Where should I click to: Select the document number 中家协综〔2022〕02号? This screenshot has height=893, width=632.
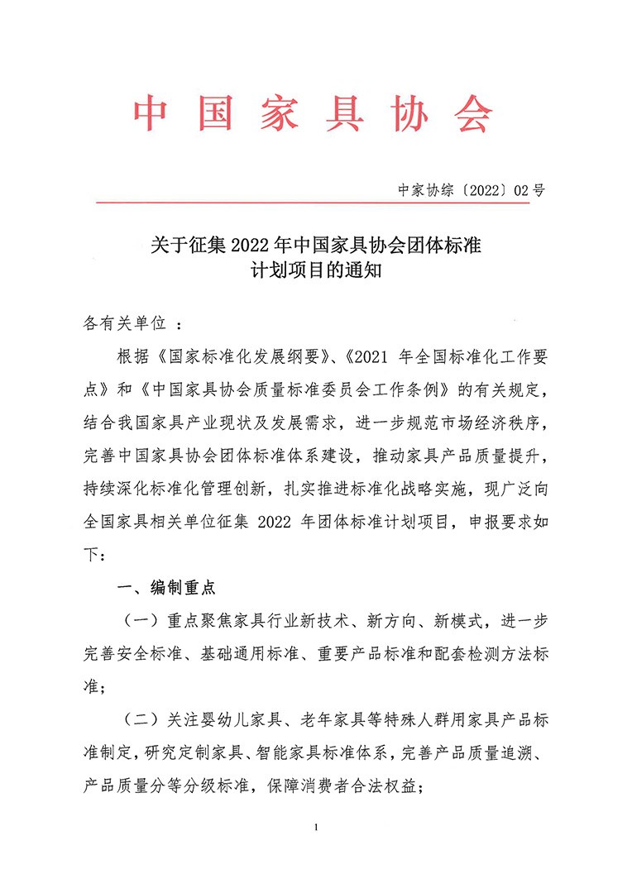(471, 189)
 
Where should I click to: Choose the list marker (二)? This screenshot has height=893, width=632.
(143, 718)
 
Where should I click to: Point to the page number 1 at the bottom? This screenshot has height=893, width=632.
(317, 827)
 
